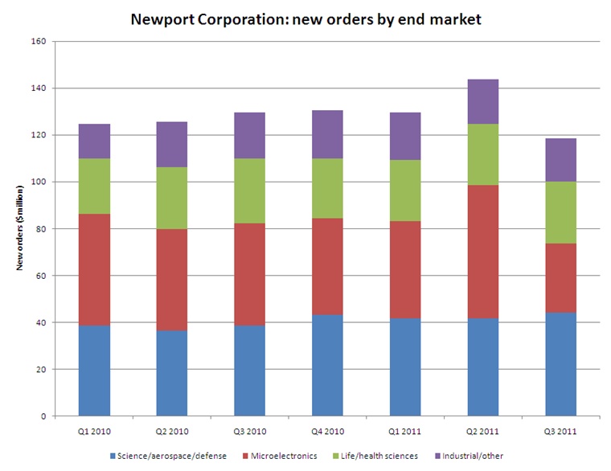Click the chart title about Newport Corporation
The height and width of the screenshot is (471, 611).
click(305, 18)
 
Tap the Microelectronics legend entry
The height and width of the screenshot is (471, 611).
click(281, 457)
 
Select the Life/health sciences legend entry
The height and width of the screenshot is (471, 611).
click(375, 457)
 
